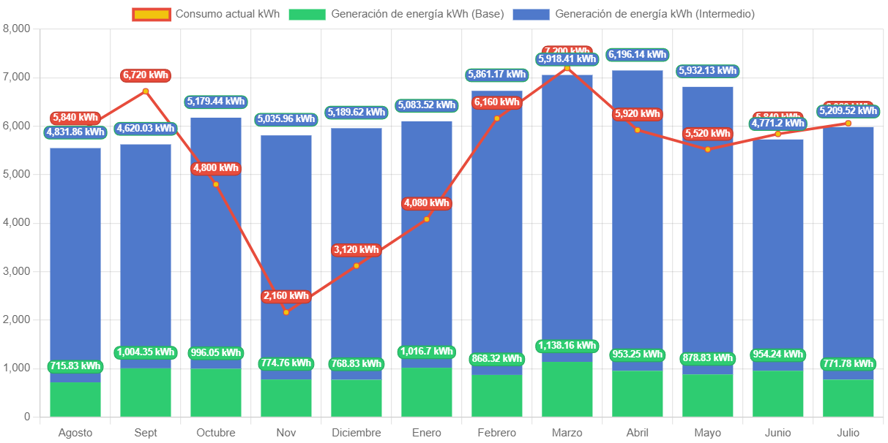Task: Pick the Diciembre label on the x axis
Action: coord(357,433)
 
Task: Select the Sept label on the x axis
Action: coord(146,433)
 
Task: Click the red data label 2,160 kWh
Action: coord(286,296)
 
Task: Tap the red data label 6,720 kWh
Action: coord(146,75)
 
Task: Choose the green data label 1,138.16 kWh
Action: coord(567,346)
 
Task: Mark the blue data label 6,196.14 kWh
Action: coord(638,54)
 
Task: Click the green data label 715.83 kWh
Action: coord(75,366)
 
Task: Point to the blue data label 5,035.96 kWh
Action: coord(286,119)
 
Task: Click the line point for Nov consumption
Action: coord(286,312)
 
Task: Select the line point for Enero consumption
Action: coord(427,219)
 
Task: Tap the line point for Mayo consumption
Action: coord(708,149)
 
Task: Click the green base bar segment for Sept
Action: coord(146,392)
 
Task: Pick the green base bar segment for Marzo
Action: coord(567,389)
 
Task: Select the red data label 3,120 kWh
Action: coord(357,250)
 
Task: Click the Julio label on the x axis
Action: coord(848,433)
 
